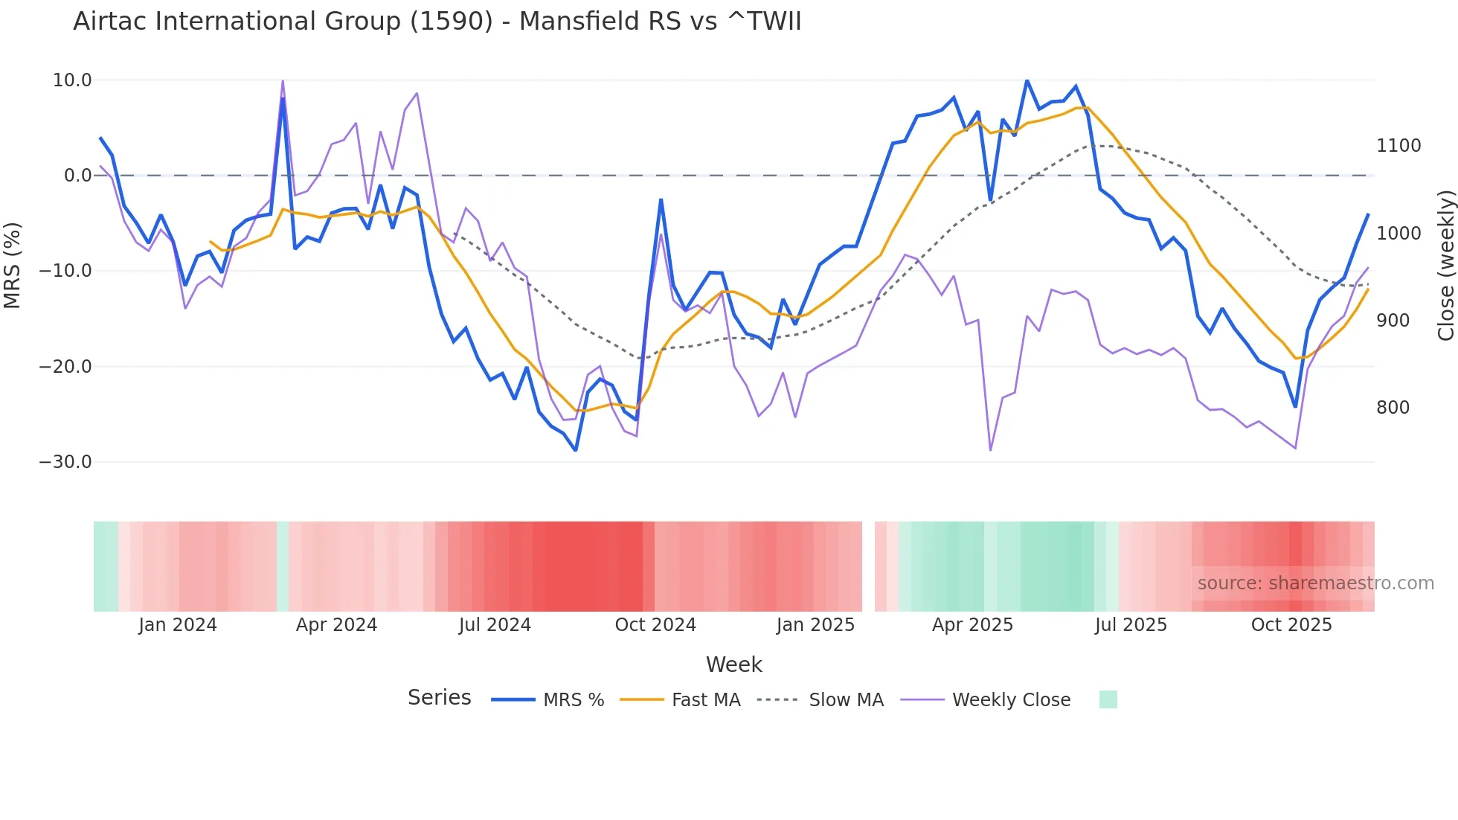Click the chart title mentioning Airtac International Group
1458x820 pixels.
pyautogui.click(x=437, y=22)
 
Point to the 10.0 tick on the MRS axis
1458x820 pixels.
pyautogui.click(x=72, y=80)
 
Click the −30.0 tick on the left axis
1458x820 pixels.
pyautogui.click(x=65, y=462)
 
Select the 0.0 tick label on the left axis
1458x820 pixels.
pyautogui.click(x=78, y=176)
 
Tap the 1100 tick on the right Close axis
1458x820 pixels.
pyautogui.click(x=1398, y=146)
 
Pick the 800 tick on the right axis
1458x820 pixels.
pyautogui.click(x=1393, y=408)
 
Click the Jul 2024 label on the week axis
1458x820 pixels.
pyautogui.click(x=495, y=625)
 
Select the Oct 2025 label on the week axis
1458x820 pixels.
pyautogui.click(x=1291, y=625)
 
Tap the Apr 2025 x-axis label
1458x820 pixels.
pyautogui.click(x=972, y=625)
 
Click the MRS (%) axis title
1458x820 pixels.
pyautogui.click(x=13, y=266)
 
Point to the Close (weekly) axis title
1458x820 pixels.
pyautogui.click(x=1445, y=266)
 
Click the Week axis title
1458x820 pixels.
pyautogui.click(x=733, y=664)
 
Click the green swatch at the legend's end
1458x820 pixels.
pyautogui.click(x=1108, y=699)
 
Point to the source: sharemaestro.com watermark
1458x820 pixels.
pyautogui.click(x=1315, y=583)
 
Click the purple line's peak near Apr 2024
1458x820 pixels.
pyautogui.click(x=283, y=80)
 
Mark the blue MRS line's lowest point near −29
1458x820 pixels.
pyautogui.click(x=575, y=450)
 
